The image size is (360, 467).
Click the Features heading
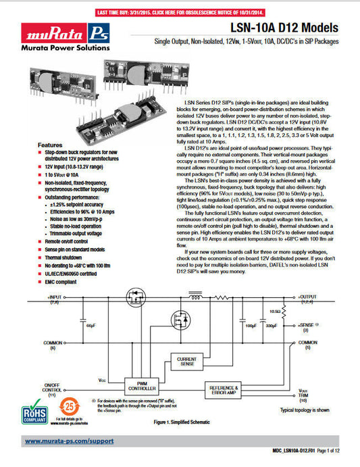point(51,145)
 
